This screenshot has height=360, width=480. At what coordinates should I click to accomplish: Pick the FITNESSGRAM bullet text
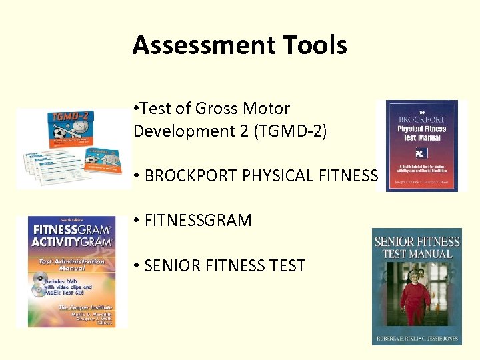coord(198,220)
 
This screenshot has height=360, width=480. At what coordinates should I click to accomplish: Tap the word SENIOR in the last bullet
coord(172,265)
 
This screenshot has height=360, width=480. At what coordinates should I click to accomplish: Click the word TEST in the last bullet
coord(285,265)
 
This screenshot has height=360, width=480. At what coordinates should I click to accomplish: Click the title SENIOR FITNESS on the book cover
coord(417,241)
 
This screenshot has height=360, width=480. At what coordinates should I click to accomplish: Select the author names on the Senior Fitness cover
coord(417,337)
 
